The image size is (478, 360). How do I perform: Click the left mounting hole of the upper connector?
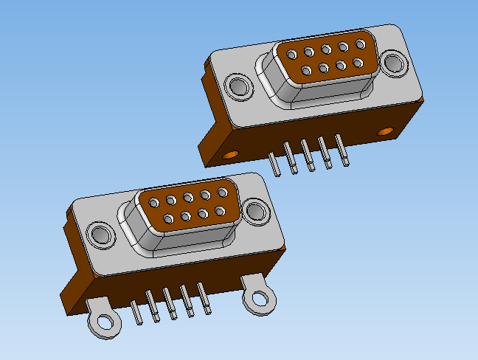[238, 87]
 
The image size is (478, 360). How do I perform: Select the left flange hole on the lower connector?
[100, 235]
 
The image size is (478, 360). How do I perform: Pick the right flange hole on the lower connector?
[257, 211]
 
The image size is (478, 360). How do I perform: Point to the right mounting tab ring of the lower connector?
[260, 299]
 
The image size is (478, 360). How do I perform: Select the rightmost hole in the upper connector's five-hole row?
[359, 45]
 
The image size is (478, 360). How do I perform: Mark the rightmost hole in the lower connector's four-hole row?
[220, 212]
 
